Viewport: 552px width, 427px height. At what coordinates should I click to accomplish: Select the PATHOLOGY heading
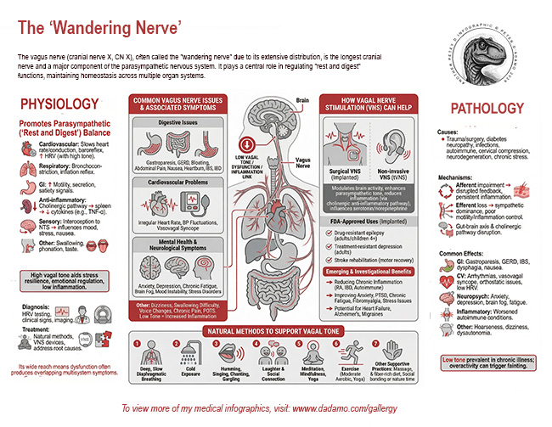pyautogui.click(x=487, y=109)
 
